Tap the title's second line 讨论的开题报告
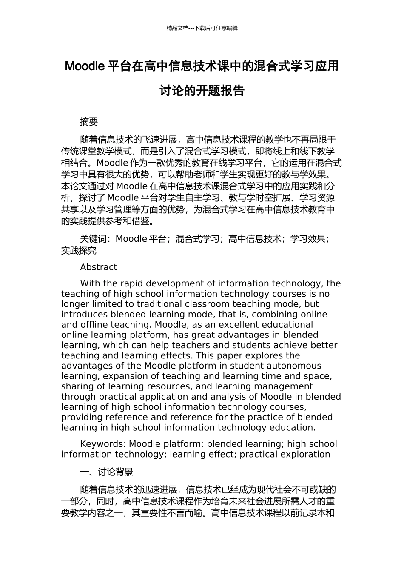coord(202,91)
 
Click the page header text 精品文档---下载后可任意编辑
coord(202,28)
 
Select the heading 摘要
coord(89,122)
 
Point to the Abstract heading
coord(98,267)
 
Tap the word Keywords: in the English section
coord(103,444)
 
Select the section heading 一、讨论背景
coord(107,472)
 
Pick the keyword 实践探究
coord(79,251)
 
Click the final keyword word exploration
coord(306,454)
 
